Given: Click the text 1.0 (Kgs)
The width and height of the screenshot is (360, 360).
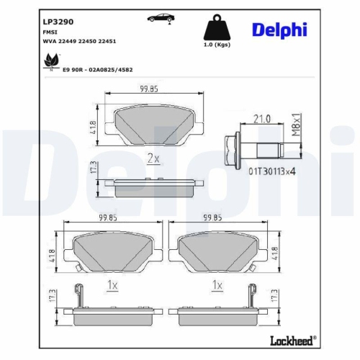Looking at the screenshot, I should click(x=218, y=45).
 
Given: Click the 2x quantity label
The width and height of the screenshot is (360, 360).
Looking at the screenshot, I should click(x=153, y=158).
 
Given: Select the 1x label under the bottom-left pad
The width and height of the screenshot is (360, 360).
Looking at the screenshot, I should click(x=111, y=285).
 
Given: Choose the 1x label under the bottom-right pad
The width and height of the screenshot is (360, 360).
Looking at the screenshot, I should click(x=217, y=285).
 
